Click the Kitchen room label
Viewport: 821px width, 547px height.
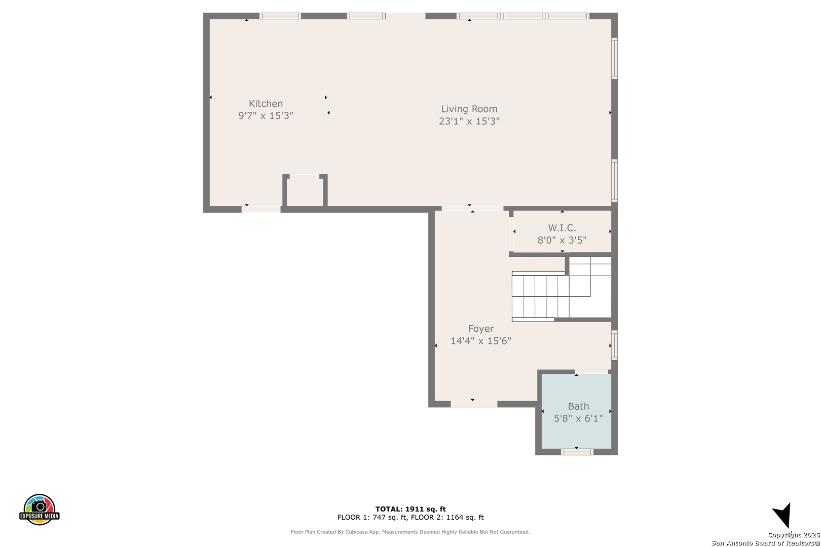pos(266,104)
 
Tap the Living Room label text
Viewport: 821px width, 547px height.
pos(469,109)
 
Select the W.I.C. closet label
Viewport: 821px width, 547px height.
pos(562,228)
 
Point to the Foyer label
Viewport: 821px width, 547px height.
pos(481,329)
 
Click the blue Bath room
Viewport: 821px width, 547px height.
pos(577,411)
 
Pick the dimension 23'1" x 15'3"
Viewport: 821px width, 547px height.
pos(469,121)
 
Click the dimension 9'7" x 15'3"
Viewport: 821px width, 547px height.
pos(266,116)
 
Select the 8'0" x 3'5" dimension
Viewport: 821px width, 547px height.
pos(562,240)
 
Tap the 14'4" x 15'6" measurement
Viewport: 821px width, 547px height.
pos(481,341)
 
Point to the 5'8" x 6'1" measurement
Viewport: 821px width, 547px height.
pos(578,418)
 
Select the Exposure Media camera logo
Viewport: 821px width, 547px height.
pos(39,510)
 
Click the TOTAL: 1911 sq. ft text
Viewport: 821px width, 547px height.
pos(410,509)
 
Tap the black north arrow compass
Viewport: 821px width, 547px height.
pos(783,515)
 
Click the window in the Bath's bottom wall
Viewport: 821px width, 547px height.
pos(577,452)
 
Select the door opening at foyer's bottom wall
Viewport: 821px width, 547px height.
pos(474,404)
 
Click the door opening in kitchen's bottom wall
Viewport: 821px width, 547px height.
pos(261,209)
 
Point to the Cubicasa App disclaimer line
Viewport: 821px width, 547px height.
pos(410,532)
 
